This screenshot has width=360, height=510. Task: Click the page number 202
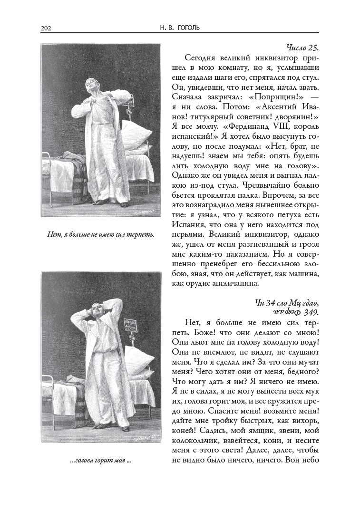click(x=46, y=28)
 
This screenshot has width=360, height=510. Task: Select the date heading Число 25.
click(x=302, y=48)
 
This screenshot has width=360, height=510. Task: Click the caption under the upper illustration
click(x=101, y=234)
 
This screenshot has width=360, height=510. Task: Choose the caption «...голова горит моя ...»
click(x=100, y=461)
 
